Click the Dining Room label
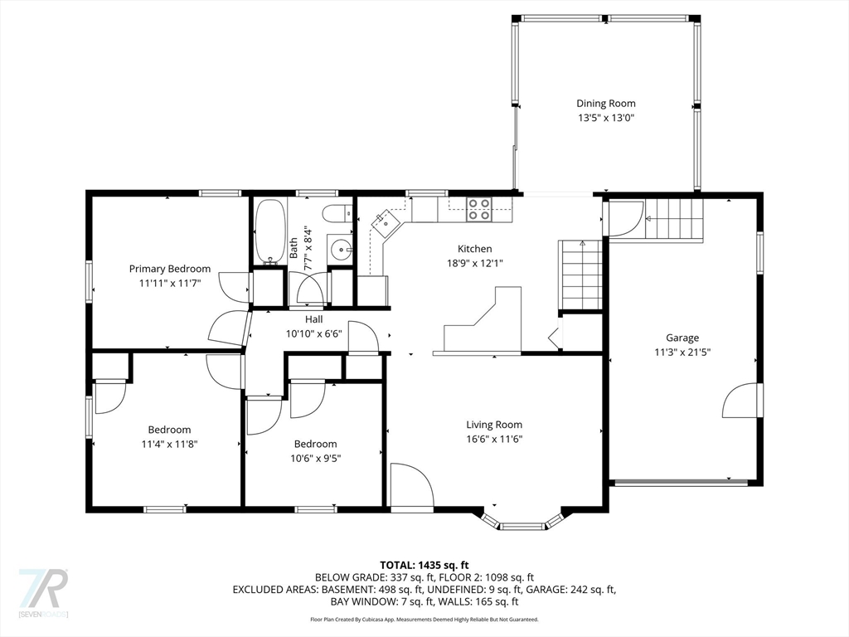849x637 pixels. click(x=605, y=104)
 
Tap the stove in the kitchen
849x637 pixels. click(x=479, y=209)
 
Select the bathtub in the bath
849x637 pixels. click(x=270, y=232)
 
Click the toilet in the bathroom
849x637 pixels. click(x=337, y=213)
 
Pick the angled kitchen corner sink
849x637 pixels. click(x=385, y=223)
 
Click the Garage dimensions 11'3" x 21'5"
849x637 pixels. click(x=682, y=352)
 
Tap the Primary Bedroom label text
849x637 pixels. click(x=169, y=269)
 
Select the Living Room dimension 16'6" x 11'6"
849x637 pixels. click(x=494, y=440)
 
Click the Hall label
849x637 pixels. click(x=314, y=319)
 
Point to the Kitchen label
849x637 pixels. click(x=475, y=249)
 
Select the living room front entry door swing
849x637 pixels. click(x=412, y=484)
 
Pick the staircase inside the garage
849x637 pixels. click(x=674, y=219)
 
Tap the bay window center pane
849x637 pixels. click(x=522, y=526)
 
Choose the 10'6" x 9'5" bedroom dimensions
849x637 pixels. click(x=316, y=458)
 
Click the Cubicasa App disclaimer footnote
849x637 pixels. click(x=424, y=619)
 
